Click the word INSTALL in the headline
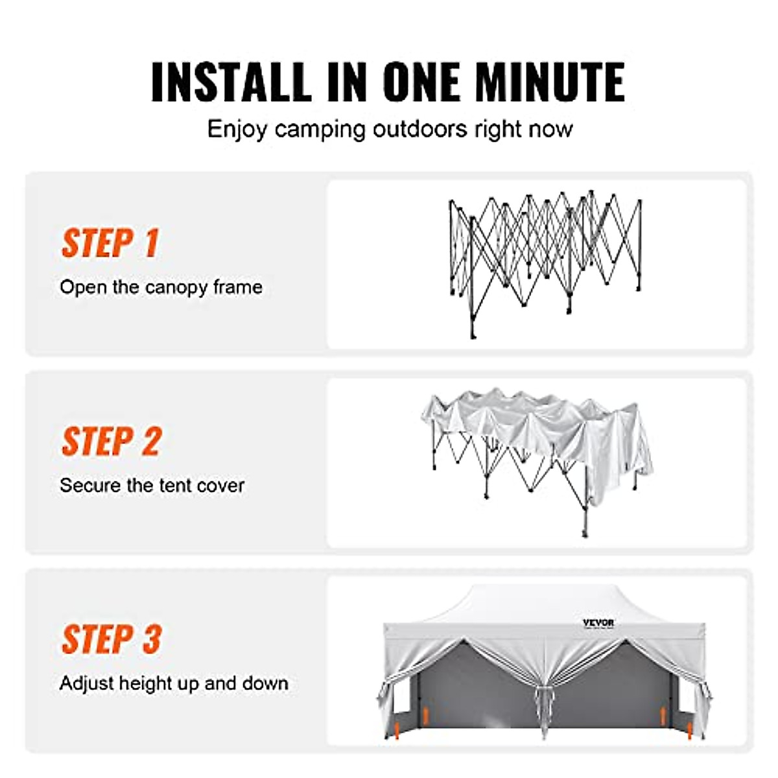pyautogui.click(x=231, y=82)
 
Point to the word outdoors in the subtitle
pyautogui.click(x=419, y=128)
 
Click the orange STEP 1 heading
pyautogui.click(x=110, y=243)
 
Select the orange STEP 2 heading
pyautogui.click(x=112, y=442)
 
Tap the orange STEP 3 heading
pyautogui.click(x=112, y=639)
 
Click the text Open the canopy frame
pyautogui.click(x=161, y=287)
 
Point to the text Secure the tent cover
pyautogui.click(x=152, y=486)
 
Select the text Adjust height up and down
pyautogui.click(x=174, y=683)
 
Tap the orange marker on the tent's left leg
pyautogui.click(x=425, y=716)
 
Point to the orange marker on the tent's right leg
pyautogui.click(x=663, y=716)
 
